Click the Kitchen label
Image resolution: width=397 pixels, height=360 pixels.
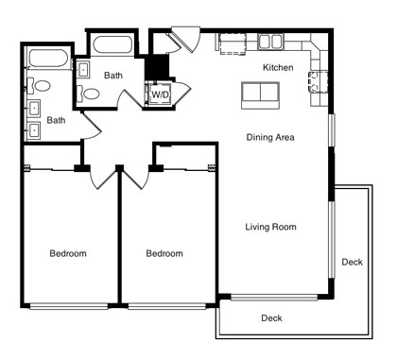(x=278, y=67)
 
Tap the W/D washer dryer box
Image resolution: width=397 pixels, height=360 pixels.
(x=160, y=94)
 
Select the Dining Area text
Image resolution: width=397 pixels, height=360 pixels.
(x=270, y=137)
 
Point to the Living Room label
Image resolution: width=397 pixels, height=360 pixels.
(x=270, y=227)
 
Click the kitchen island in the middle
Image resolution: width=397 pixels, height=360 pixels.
(x=260, y=95)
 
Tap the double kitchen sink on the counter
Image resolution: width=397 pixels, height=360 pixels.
(x=269, y=42)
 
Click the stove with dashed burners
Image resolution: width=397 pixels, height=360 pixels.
(x=318, y=81)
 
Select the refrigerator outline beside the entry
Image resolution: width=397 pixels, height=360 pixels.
(x=233, y=43)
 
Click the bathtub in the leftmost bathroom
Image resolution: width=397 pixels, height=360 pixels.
(x=48, y=59)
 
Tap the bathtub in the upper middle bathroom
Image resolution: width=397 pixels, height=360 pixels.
(x=113, y=45)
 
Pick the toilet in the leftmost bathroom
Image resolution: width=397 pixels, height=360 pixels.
(x=39, y=86)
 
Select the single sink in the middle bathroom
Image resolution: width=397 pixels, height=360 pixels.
(x=83, y=69)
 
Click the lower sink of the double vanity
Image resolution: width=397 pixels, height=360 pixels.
(x=33, y=129)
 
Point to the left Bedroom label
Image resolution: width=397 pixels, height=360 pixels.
(x=68, y=253)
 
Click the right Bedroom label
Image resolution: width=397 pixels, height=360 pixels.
(x=164, y=253)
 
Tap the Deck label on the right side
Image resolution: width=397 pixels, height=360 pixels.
(x=353, y=262)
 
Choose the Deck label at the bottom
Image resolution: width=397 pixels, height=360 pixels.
(x=271, y=318)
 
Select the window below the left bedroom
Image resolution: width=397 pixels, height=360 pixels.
(x=69, y=306)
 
